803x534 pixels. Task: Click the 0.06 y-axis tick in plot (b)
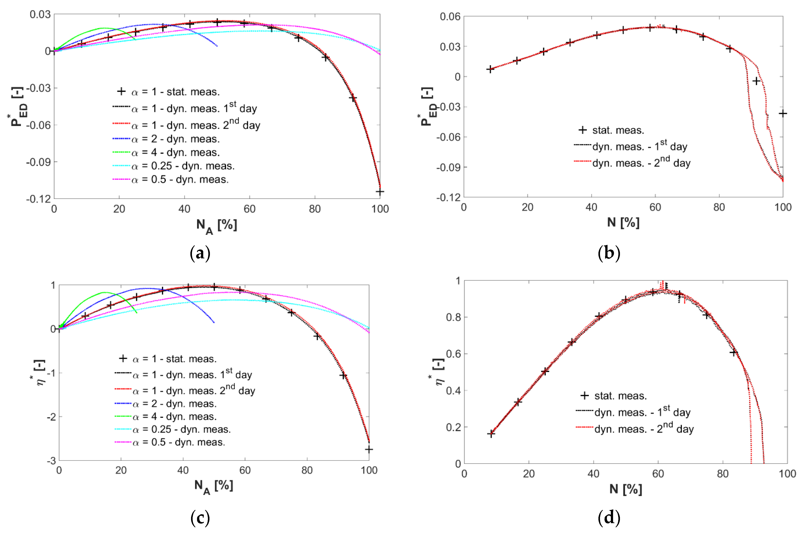coord(450,16)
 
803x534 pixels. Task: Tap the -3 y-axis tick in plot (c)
coord(51,461)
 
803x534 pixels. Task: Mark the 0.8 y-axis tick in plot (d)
coord(453,317)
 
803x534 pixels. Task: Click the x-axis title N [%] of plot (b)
coord(623,222)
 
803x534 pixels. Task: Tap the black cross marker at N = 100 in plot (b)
coord(783,113)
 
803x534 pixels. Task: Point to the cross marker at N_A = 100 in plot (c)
coord(369,450)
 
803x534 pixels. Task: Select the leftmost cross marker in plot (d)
coord(491,434)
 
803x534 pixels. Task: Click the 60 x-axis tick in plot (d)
coord(658,474)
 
